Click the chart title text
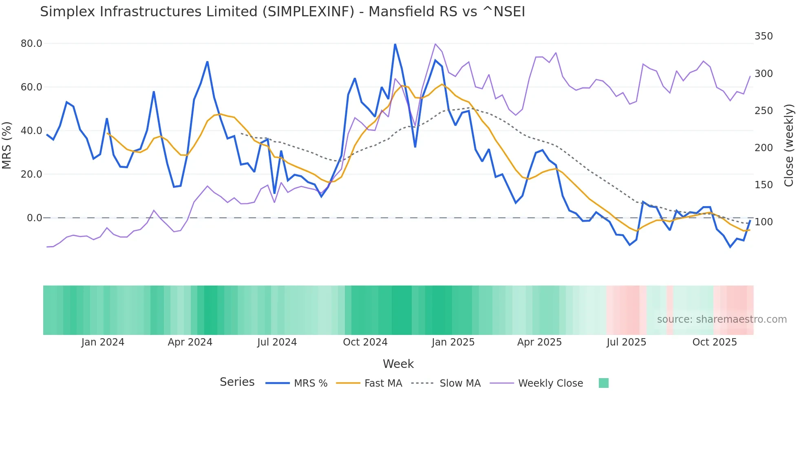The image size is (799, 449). point(282,12)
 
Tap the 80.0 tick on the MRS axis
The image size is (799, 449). point(31,44)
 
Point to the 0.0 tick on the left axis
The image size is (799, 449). point(34,218)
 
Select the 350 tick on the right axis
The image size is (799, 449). point(763,36)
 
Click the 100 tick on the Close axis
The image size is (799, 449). point(763,222)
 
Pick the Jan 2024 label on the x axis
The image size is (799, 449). point(103,342)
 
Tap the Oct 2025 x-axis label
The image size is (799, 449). point(714,342)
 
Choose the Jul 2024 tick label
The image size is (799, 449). point(277,342)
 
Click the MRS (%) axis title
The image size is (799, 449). point(7,145)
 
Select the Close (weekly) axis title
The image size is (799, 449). point(789,145)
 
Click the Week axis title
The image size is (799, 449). point(398,364)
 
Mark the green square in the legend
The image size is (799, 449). point(603,383)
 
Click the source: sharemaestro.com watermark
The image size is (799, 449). point(722,319)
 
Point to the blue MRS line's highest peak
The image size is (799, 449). point(395,44)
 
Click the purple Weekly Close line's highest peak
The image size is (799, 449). point(435,44)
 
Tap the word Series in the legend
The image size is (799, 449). point(237,382)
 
